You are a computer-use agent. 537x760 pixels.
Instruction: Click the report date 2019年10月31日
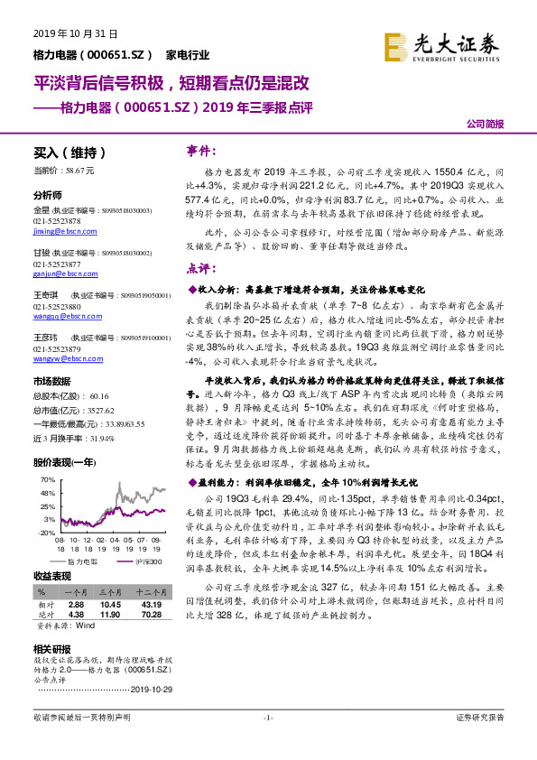click(63, 32)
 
